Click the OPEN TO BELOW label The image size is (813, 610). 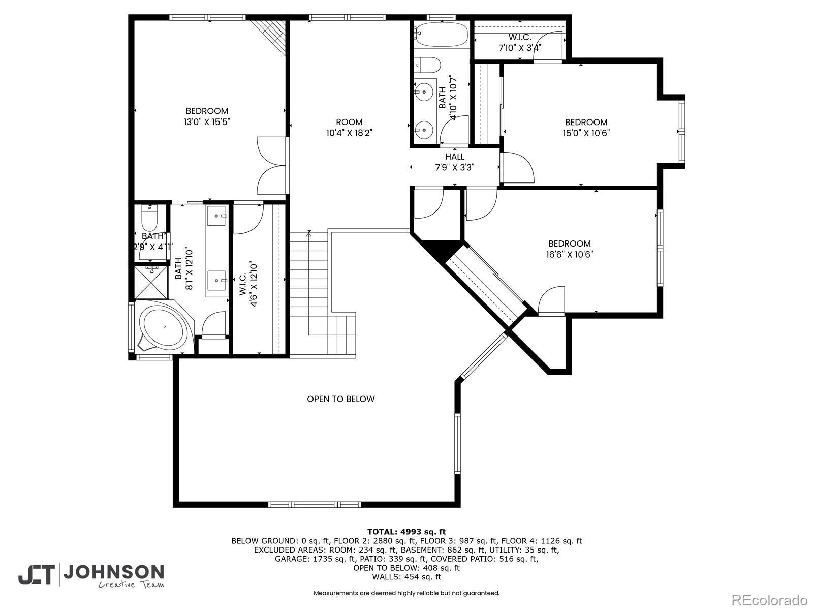point(341,399)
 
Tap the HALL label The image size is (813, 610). point(454,157)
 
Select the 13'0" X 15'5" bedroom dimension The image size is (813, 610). point(207,122)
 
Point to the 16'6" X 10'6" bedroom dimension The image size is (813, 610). point(569,255)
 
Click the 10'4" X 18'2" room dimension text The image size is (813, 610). point(349,133)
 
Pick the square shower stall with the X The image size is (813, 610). point(151,282)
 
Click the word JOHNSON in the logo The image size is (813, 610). point(114,572)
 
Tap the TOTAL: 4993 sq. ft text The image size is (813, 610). point(407,532)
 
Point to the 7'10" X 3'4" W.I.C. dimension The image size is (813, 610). point(520,48)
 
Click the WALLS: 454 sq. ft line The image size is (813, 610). point(407,576)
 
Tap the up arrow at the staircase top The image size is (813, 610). point(308,234)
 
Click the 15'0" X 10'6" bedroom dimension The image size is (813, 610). point(586,133)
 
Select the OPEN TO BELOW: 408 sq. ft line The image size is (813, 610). point(407,568)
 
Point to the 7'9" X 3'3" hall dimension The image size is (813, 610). point(454,167)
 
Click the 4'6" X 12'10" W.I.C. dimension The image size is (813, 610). point(254,285)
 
